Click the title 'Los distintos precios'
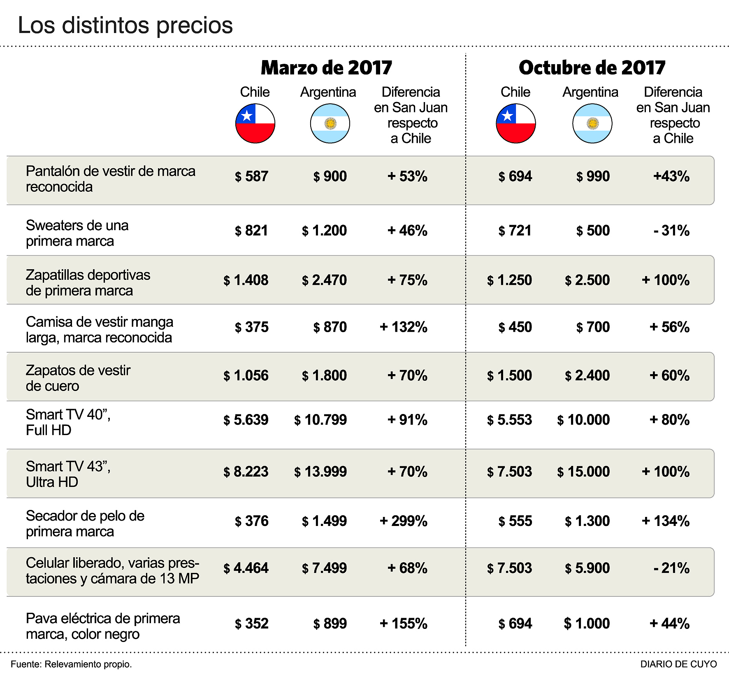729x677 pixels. tap(125, 25)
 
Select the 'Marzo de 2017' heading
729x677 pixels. tap(326, 68)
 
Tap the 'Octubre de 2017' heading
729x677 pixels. tap(592, 68)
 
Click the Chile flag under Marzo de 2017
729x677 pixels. tap(255, 123)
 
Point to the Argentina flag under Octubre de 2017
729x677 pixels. tap(592, 123)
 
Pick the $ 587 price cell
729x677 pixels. tap(251, 177)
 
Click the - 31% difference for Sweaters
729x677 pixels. tap(671, 231)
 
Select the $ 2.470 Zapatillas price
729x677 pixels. tap(324, 280)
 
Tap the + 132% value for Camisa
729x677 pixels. tap(403, 327)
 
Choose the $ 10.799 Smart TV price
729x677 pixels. tap(320, 420)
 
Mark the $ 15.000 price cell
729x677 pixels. tap(583, 472)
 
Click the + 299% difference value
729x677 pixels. tap(403, 521)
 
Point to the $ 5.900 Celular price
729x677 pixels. tap(587, 568)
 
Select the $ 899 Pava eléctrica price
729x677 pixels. tap(330, 624)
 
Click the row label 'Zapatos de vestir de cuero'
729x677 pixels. tap(78, 378)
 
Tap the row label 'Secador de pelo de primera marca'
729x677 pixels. tap(85, 524)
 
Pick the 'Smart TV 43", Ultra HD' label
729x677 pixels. tap(68, 474)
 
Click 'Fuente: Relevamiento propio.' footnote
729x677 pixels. tap(71, 664)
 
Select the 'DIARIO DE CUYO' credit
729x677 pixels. tap(678, 664)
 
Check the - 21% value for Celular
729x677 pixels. tap(671, 568)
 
